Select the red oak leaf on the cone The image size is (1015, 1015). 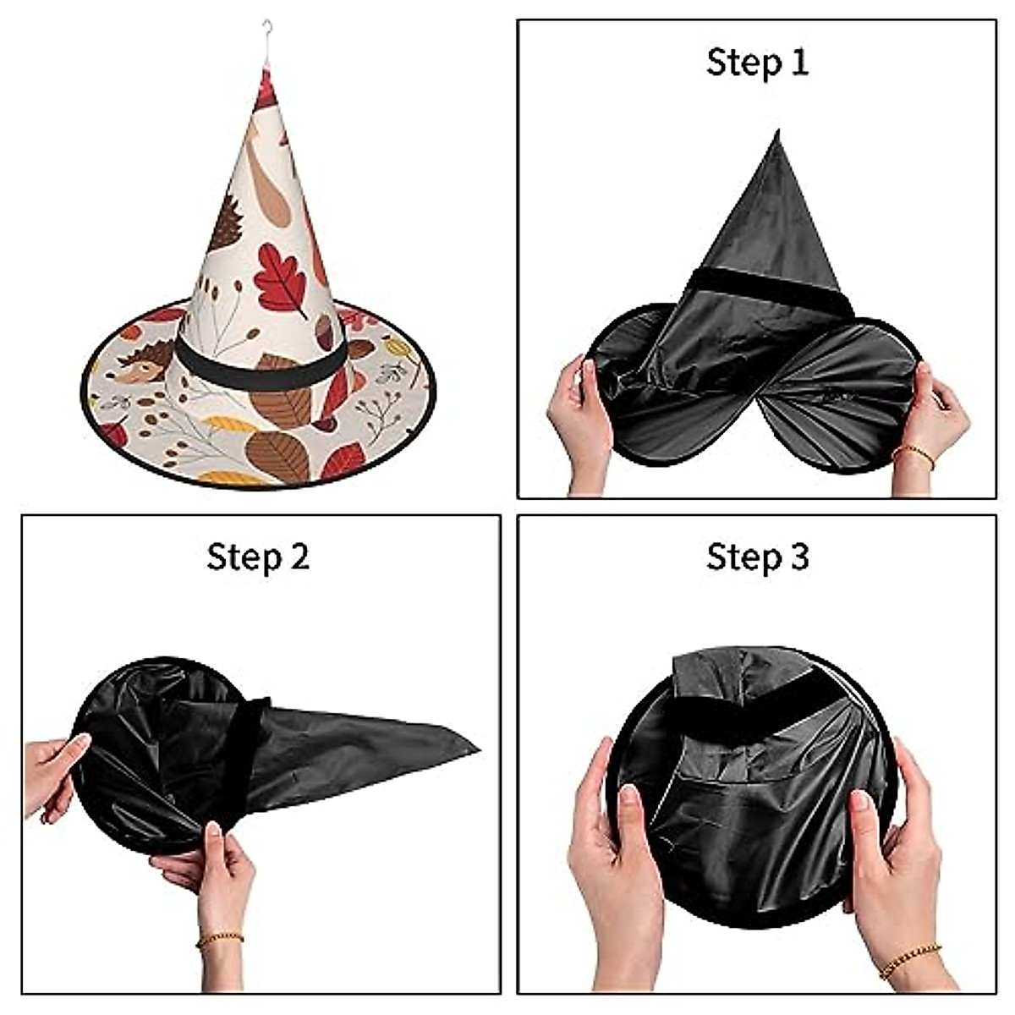pyautogui.click(x=281, y=274)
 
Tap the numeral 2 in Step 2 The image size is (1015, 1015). pyautogui.click(x=297, y=557)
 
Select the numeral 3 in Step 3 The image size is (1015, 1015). pyautogui.click(x=797, y=557)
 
